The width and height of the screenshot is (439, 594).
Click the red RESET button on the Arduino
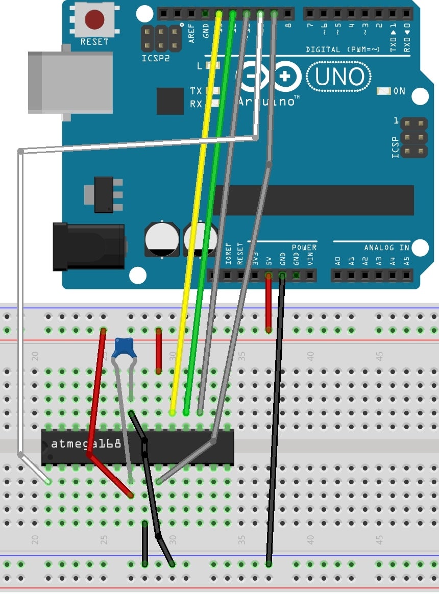point(94,20)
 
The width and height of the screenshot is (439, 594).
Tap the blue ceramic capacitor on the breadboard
point(123,347)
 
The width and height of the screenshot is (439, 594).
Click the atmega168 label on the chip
point(86,444)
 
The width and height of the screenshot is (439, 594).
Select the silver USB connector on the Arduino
point(70,83)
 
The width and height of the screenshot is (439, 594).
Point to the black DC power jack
point(88,246)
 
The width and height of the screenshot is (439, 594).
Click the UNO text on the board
point(339,77)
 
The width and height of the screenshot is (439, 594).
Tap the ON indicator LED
point(383,91)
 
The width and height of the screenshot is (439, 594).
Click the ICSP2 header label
point(156,59)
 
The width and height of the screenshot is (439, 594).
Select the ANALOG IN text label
point(386,247)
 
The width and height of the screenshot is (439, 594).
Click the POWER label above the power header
point(304,247)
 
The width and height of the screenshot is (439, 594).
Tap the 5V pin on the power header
point(269,276)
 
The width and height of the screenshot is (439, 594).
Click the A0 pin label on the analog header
point(337,261)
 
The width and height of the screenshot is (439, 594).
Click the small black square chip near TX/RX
point(170,101)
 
